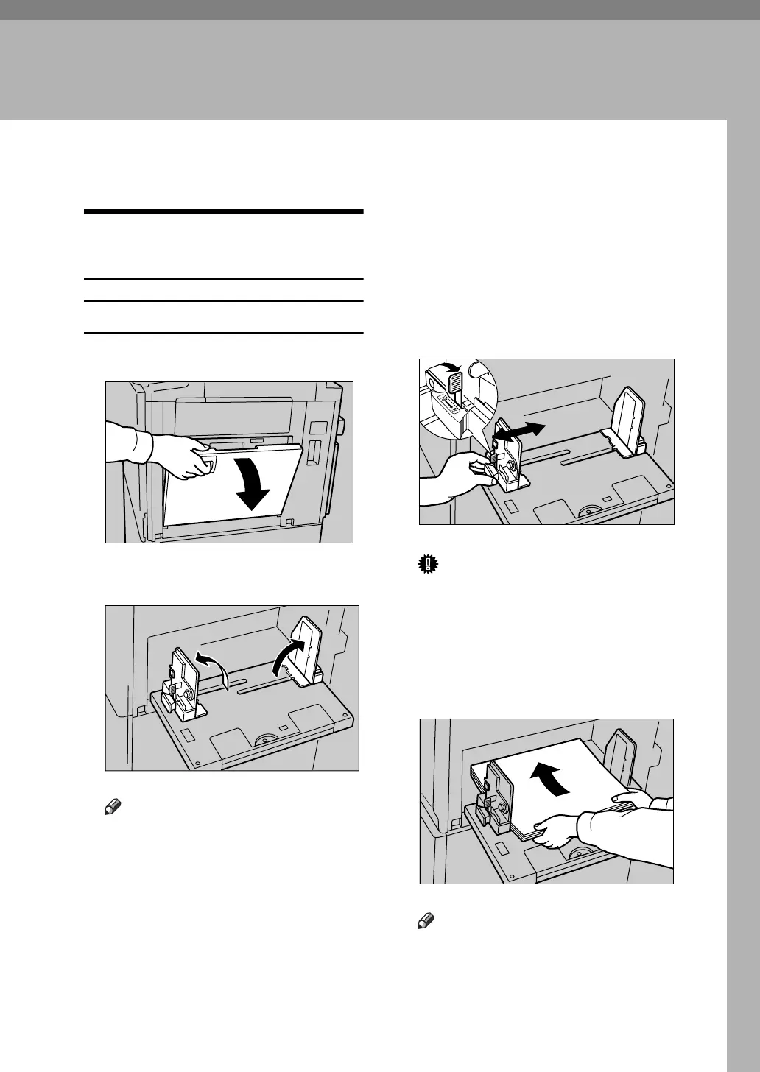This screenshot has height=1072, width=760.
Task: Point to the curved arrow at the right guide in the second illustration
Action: pos(288,655)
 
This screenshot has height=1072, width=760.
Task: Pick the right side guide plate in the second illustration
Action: pos(307,648)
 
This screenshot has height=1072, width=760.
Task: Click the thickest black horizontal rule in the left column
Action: pos(224,212)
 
